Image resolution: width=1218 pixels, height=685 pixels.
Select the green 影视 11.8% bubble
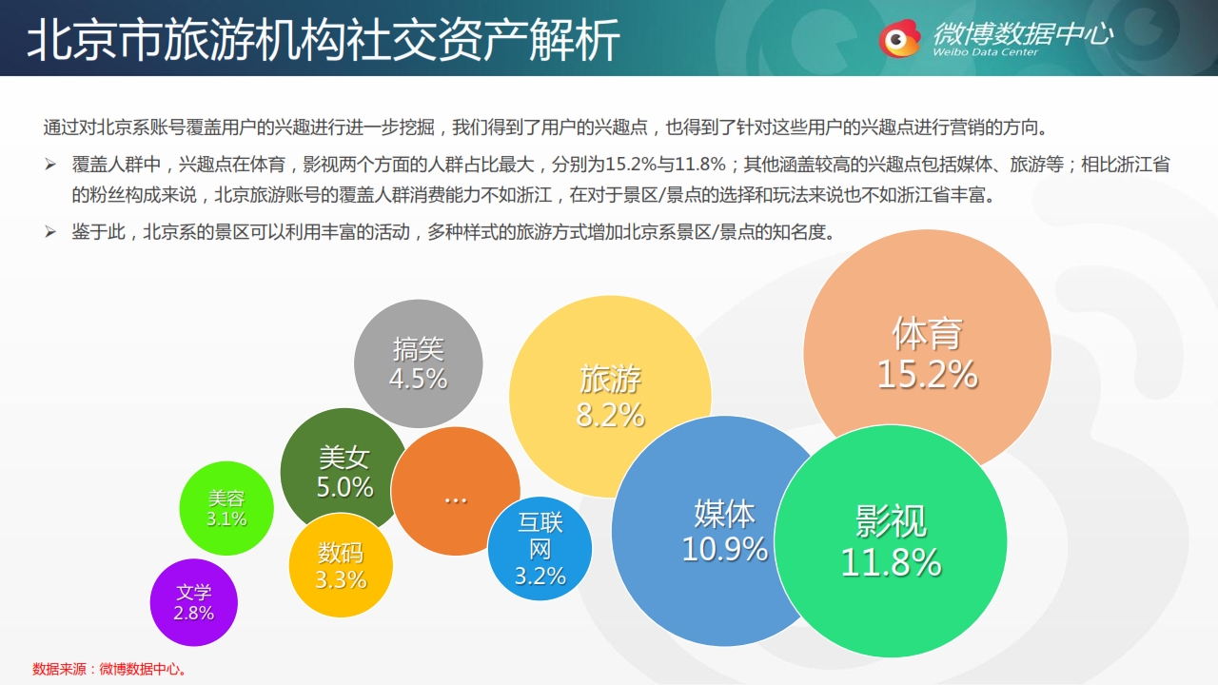890,541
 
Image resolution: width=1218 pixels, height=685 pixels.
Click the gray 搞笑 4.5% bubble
418,363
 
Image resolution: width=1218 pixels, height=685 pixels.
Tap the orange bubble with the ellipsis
455,491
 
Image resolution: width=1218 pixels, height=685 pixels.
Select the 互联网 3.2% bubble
540,549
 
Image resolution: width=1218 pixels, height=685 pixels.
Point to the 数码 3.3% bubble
341,565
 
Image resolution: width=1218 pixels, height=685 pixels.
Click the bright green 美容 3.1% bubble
226,508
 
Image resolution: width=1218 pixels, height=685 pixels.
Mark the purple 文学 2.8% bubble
193,602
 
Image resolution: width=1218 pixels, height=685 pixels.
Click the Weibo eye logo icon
899,39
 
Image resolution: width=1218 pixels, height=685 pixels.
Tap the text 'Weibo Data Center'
985,52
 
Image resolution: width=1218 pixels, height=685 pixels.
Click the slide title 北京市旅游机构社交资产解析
324,39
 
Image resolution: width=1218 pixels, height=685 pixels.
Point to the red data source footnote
109,669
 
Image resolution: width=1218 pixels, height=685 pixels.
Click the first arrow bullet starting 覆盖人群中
50,165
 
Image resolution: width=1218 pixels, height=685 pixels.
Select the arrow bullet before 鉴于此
50,232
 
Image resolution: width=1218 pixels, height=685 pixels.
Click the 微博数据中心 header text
1023,33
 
